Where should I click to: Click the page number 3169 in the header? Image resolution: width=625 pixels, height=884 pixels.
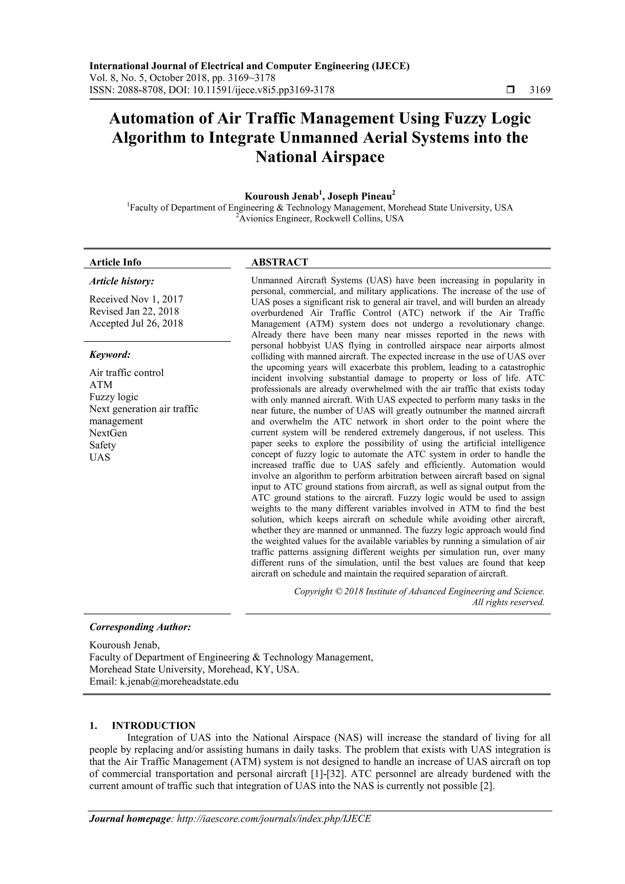coord(540,90)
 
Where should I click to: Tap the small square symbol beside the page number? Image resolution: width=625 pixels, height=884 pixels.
coord(510,90)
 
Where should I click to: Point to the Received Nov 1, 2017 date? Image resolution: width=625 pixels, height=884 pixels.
coord(136,299)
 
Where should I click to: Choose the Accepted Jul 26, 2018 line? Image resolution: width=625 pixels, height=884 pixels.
coord(136,323)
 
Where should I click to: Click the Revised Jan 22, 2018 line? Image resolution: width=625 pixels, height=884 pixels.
coord(134,311)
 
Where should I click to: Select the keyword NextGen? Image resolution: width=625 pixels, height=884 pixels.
coord(108,433)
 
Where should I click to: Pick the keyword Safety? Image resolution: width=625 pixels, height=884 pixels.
coord(103,445)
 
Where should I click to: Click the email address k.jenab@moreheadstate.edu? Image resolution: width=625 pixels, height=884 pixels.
coord(179,681)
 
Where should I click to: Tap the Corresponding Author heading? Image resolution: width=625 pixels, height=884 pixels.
coord(140,627)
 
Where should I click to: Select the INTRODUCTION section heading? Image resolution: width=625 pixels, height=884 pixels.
coord(153,726)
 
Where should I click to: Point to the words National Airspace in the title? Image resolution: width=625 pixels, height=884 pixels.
coord(320,157)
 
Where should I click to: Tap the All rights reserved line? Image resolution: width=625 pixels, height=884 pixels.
coord(508,602)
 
